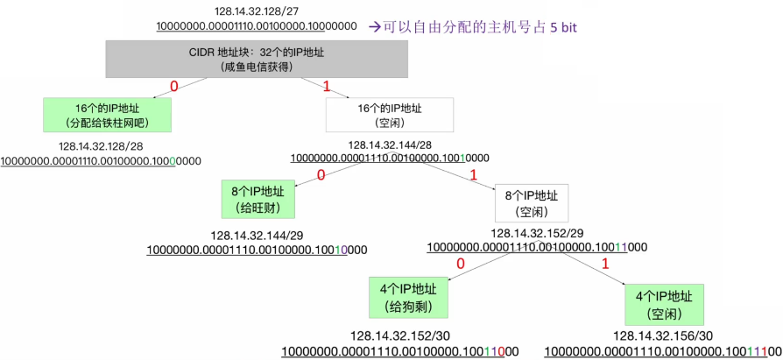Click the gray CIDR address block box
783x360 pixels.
click(x=258, y=59)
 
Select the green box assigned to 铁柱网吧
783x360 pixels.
click(x=107, y=114)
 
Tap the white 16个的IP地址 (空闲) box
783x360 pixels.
click(x=389, y=115)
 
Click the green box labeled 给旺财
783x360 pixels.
click(x=257, y=199)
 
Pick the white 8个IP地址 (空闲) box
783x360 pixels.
click(x=531, y=202)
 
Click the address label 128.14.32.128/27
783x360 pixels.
click(x=256, y=11)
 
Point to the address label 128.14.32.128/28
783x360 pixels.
click(x=101, y=146)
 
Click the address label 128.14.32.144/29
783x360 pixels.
click(x=257, y=236)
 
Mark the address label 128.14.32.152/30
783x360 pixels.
click(x=400, y=336)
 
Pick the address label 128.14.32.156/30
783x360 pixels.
click(x=663, y=336)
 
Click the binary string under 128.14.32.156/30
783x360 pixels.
click(x=663, y=351)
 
